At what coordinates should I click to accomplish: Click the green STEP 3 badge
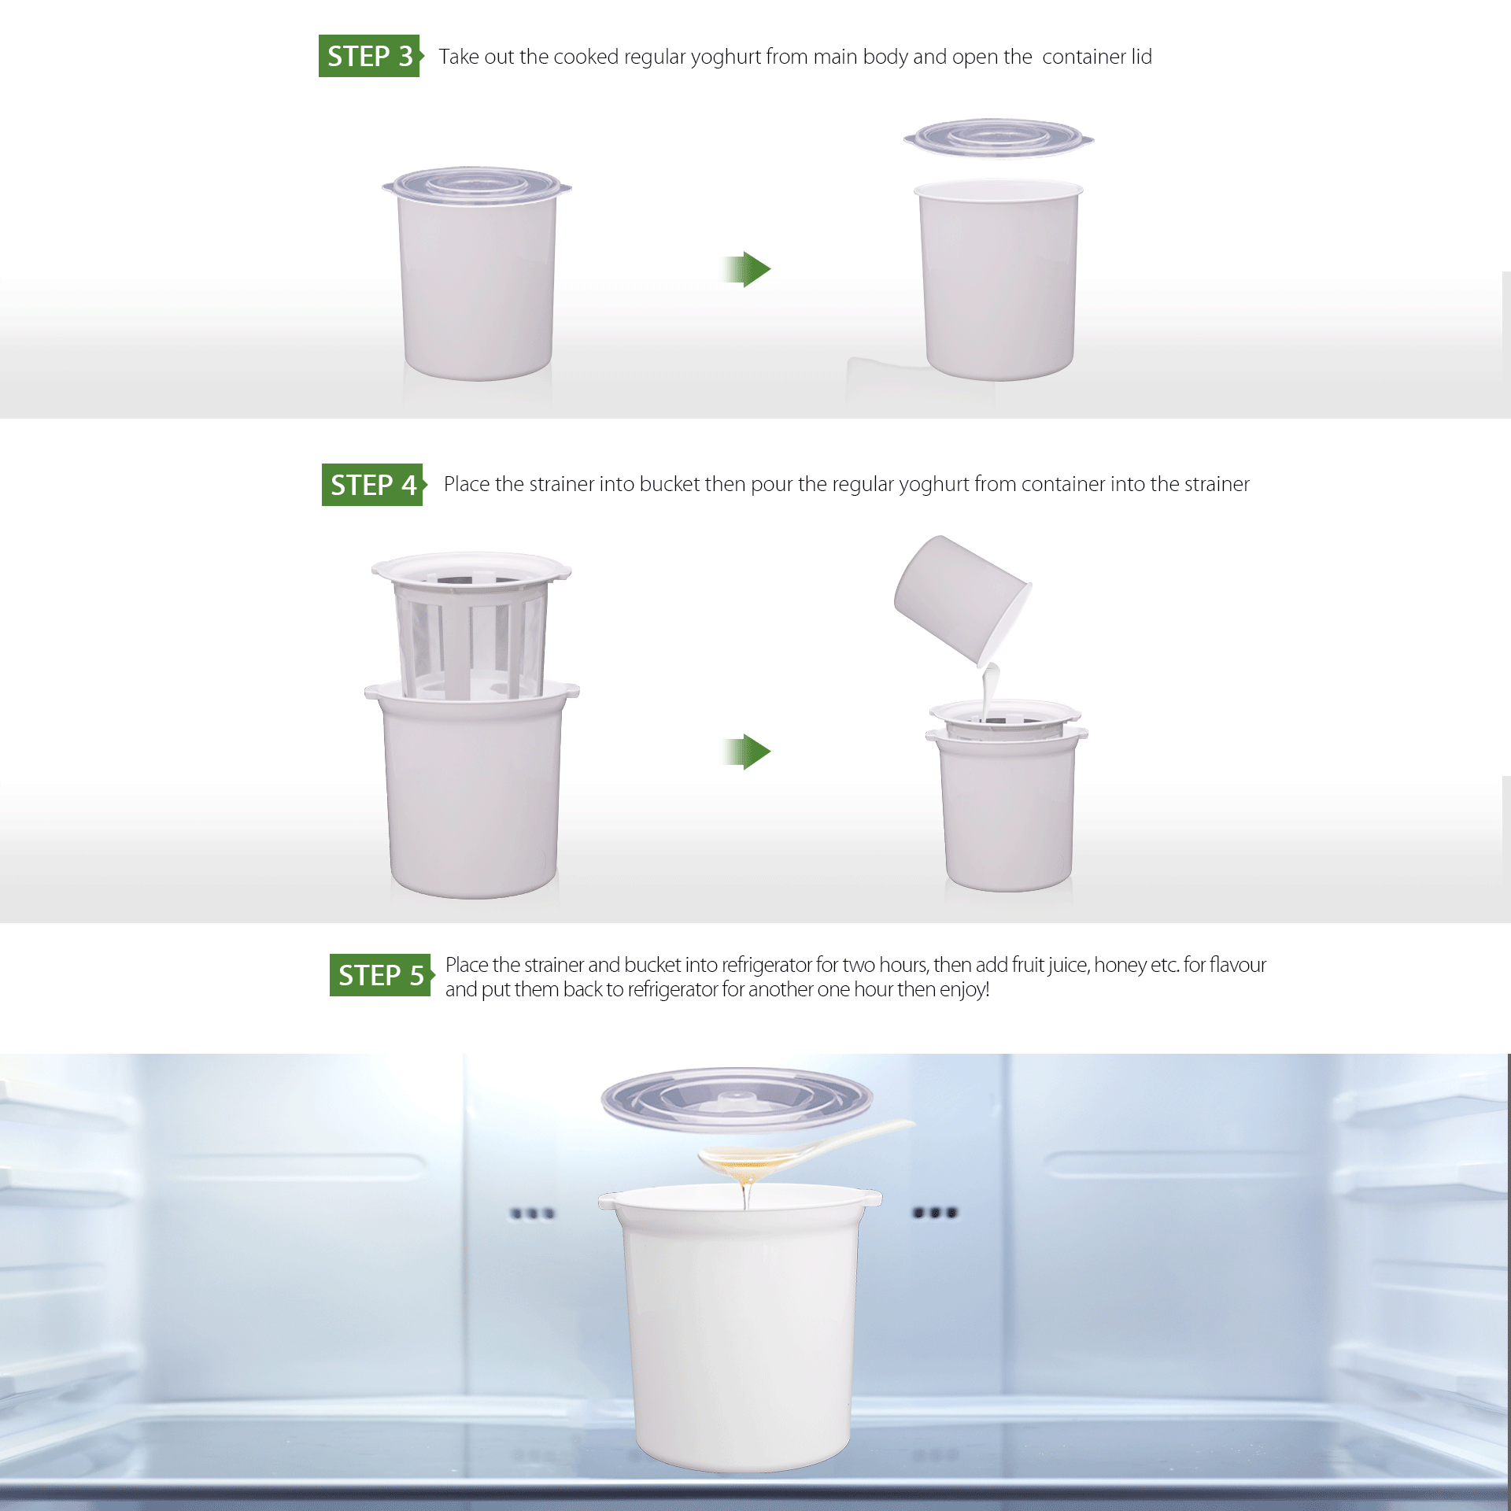pos(371,56)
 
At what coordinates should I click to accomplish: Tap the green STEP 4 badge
pos(374,485)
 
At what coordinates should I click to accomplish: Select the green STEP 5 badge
pos(382,975)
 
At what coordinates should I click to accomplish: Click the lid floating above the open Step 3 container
pos(999,138)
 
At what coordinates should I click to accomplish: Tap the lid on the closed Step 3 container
pos(477,185)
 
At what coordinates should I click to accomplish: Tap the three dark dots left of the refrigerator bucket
pos(533,1214)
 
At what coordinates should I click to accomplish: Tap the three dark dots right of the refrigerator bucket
pos(935,1213)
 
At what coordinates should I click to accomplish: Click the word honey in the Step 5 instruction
pos(1119,966)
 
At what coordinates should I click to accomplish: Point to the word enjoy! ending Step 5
pos(965,990)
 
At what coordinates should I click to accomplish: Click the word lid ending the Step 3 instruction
pos(1141,57)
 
